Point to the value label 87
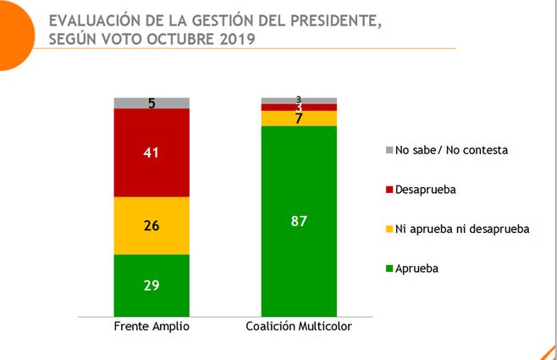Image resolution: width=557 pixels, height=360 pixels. click(298, 221)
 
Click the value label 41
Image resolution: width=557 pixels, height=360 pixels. click(152, 153)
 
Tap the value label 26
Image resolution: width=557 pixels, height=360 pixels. click(152, 226)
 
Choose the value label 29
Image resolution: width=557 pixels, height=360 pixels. click(152, 285)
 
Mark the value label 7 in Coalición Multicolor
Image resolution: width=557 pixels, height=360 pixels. click(298, 119)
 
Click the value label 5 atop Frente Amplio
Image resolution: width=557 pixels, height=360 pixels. click(152, 103)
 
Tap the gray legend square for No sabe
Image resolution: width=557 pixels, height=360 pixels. click(389, 150)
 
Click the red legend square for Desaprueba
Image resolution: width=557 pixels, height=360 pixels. click(389, 190)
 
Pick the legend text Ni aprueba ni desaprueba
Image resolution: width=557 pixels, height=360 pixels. click(461, 229)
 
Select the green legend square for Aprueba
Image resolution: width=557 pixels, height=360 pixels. click(389, 269)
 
